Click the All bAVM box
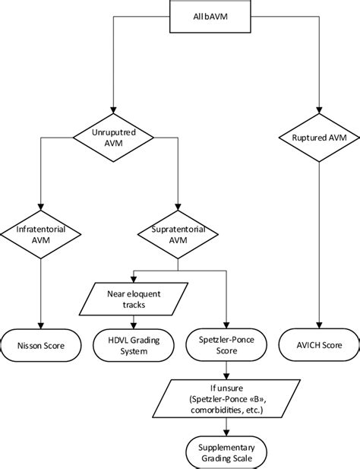coord(210,16)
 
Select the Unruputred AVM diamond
coord(113,138)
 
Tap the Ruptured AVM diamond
coord(319,138)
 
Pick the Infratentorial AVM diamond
coord(40,234)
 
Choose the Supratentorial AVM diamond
coord(178,234)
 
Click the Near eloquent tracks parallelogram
coord(134,299)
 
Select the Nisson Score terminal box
coord(41,345)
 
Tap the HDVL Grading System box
coord(134,345)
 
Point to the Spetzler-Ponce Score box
coord(226,345)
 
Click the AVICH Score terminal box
coord(319,345)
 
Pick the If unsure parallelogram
coord(226,398)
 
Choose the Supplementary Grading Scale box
coord(226,452)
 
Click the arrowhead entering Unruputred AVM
coord(113,110)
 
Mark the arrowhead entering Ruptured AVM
coord(319,110)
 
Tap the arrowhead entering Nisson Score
coord(40,325)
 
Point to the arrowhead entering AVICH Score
coord(319,325)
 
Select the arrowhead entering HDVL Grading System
coord(134,325)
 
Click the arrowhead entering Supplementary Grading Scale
coord(226,433)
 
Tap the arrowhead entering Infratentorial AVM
coord(40,207)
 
